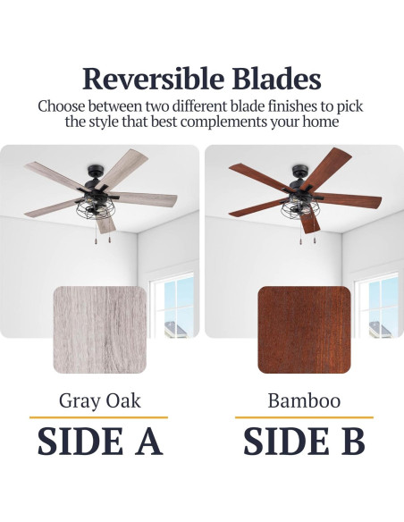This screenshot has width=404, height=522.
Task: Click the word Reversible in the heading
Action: click(x=153, y=79)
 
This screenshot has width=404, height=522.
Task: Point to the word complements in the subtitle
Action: click(x=223, y=122)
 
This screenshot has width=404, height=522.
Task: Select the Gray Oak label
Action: click(x=100, y=400)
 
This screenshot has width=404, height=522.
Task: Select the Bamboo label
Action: click(x=304, y=400)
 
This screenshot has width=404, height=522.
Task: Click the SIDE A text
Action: click(x=100, y=442)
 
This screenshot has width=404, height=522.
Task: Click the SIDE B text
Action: click(x=304, y=442)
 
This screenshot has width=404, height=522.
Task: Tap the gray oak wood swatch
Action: click(x=100, y=330)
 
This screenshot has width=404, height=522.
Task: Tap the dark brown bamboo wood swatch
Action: click(x=304, y=330)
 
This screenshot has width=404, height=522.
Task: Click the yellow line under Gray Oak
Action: click(x=99, y=417)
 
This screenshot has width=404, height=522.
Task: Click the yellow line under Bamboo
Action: click(x=304, y=417)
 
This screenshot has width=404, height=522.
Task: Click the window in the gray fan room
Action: click(x=174, y=307)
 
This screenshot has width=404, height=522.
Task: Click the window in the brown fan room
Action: click(x=378, y=307)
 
